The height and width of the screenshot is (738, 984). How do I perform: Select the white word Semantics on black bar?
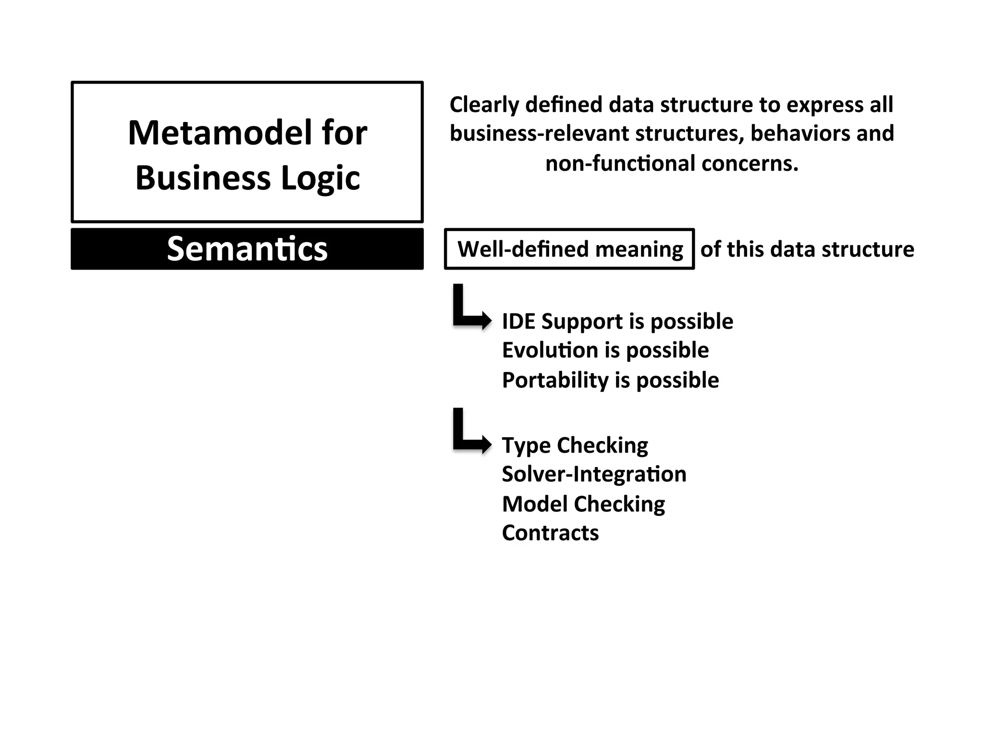click(247, 249)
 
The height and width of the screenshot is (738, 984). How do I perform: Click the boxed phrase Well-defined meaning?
click(570, 249)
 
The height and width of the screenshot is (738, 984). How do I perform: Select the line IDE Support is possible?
click(617, 321)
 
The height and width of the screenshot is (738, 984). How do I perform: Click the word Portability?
click(555, 380)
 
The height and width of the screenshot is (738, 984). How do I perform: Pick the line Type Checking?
click(575, 445)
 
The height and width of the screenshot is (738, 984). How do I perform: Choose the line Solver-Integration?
click(594, 474)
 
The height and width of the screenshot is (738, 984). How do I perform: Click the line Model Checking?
click(583, 504)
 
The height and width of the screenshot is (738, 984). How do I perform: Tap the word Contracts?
click(550, 533)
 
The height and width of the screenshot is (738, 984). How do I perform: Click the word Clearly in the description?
click(484, 105)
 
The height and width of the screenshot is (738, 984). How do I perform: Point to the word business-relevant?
click(539, 134)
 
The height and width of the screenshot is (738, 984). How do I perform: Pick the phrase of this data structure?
click(807, 249)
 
